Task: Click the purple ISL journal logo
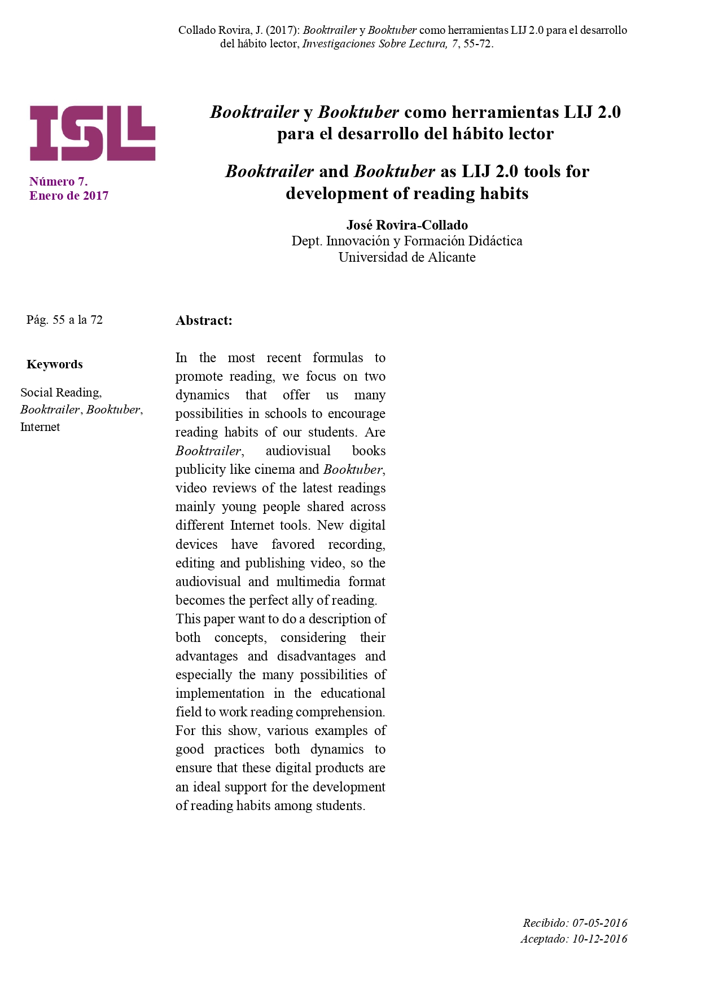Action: click(x=93, y=133)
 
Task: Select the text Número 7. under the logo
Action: click(x=59, y=181)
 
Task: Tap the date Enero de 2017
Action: click(x=69, y=196)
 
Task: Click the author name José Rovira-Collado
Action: click(x=407, y=225)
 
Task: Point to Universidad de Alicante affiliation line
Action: click(x=407, y=257)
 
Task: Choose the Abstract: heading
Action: click(x=204, y=320)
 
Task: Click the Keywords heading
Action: click(x=55, y=364)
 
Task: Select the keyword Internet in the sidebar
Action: click(x=40, y=427)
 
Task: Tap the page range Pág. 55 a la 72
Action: click(x=64, y=320)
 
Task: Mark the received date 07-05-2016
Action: click(x=600, y=923)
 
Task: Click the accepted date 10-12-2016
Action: click(x=600, y=939)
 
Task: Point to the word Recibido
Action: click(x=545, y=923)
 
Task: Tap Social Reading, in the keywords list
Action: click(x=61, y=393)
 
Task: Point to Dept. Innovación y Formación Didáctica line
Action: click(x=407, y=241)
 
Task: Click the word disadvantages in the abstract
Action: click(x=316, y=656)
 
